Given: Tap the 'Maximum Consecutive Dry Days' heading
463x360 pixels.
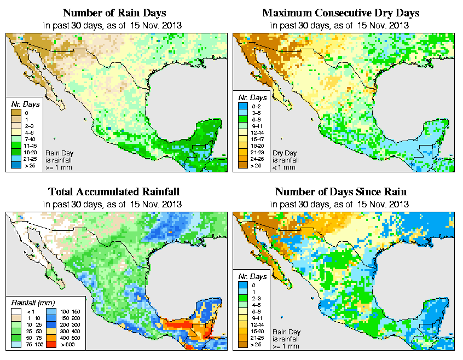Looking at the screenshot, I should [341, 13].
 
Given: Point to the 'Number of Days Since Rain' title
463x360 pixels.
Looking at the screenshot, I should [341, 191].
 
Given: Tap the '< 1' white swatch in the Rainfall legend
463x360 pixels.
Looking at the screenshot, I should [16, 311].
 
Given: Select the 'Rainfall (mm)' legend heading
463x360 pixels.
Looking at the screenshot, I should [32, 302].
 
